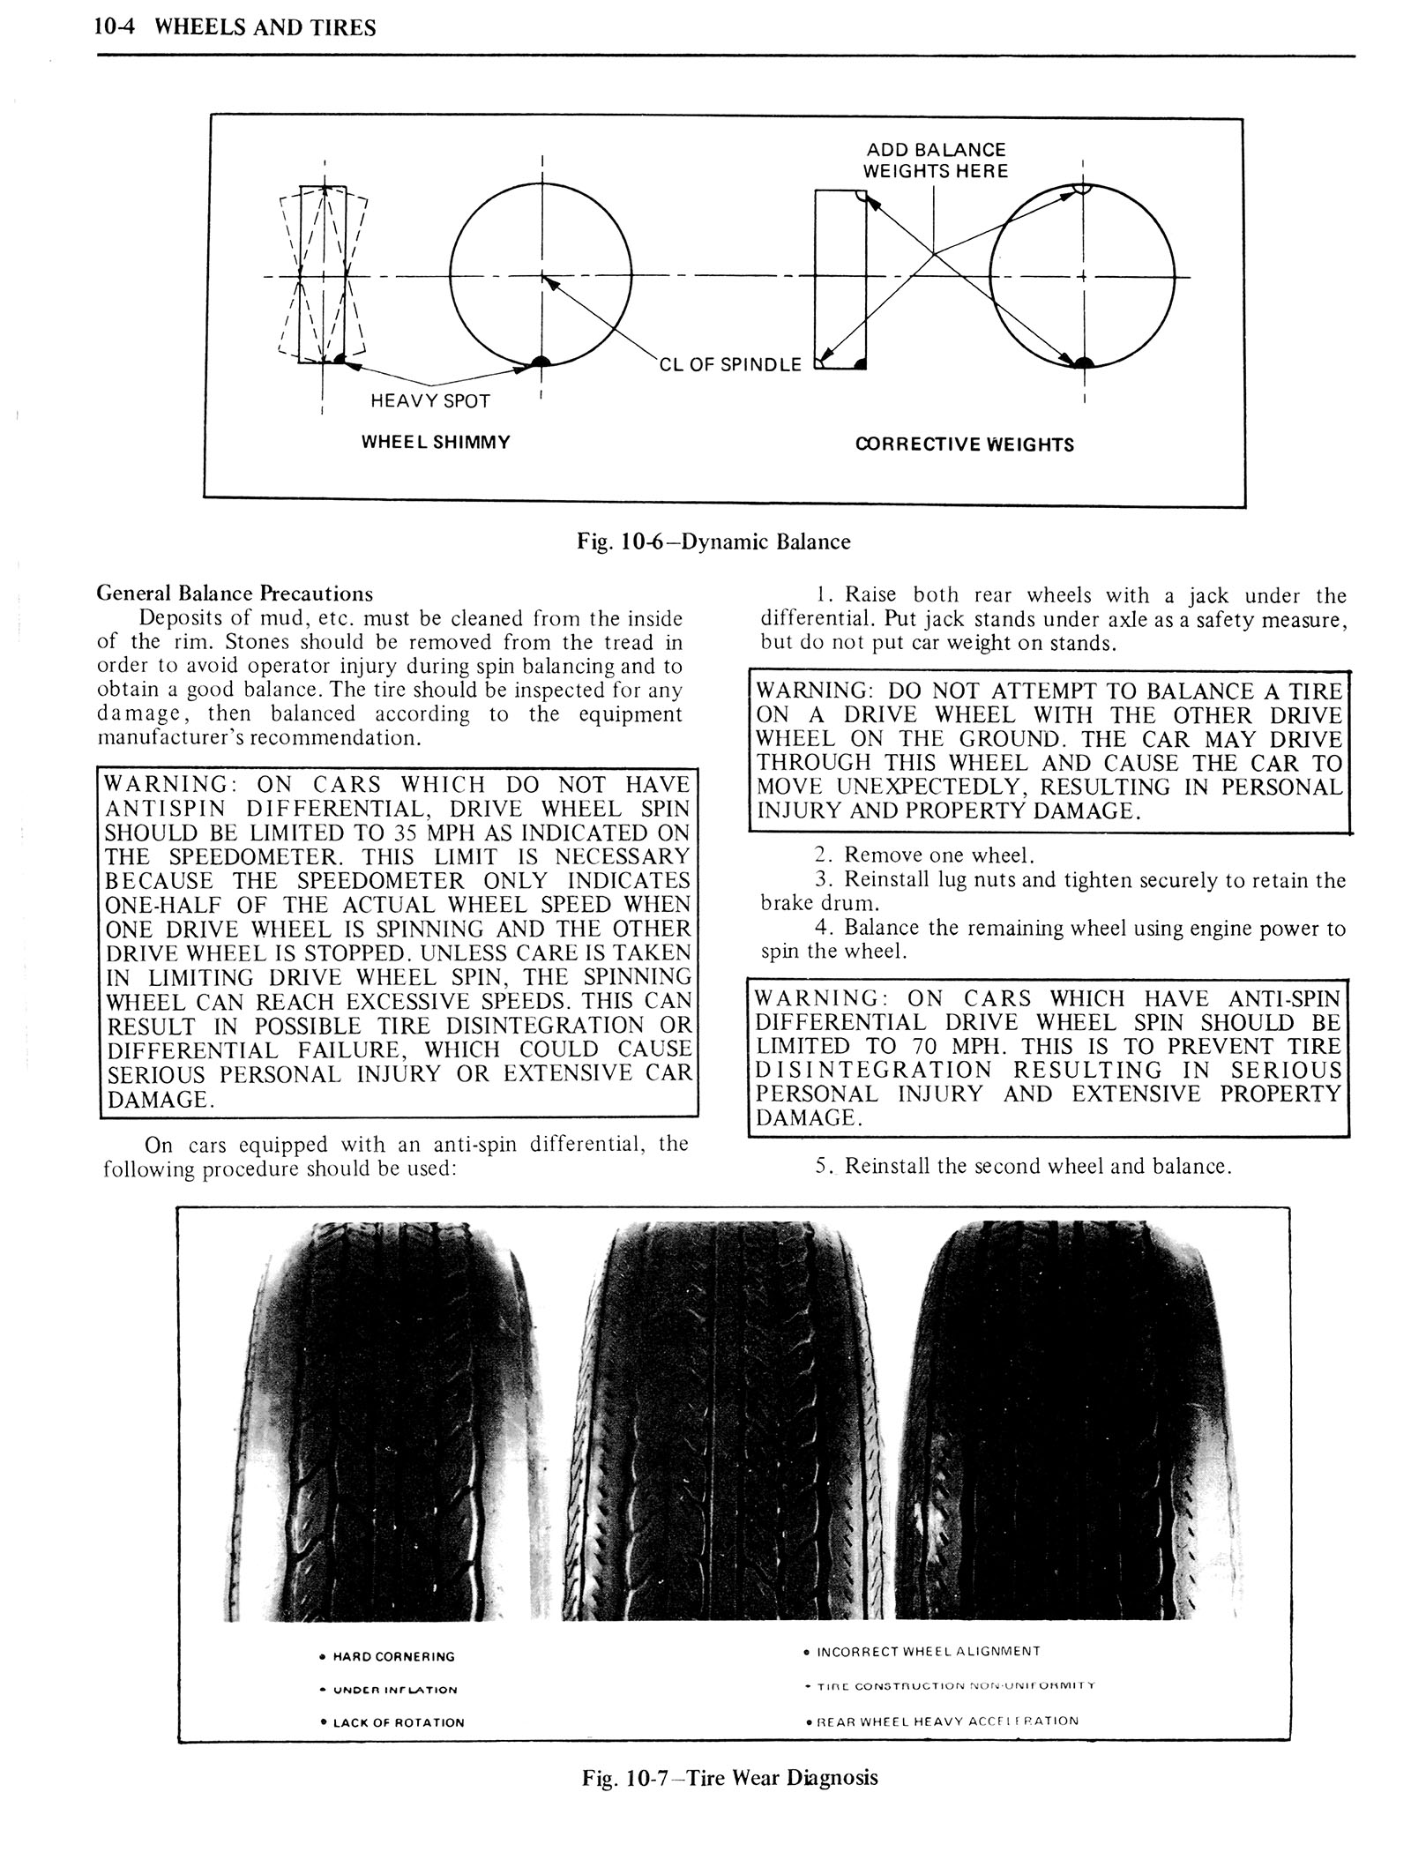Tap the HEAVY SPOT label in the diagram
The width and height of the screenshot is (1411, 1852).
(x=429, y=401)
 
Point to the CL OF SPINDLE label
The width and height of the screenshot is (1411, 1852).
(x=730, y=363)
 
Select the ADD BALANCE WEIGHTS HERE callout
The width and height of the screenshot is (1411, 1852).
(x=935, y=161)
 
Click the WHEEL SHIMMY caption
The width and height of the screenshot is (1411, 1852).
(x=436, y=442)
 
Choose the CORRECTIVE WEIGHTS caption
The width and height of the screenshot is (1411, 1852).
(x=965, y=444)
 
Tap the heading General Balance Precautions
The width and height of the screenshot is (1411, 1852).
(x=235, y=594)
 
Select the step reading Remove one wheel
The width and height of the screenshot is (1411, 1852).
(x=938, y=855)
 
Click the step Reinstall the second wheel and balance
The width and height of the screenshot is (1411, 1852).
(x=1037, y=1166)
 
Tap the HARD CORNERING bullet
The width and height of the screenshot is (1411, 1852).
(x=392, y=1657)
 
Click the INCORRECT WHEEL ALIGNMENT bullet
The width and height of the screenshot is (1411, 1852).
(x=929, y=1651)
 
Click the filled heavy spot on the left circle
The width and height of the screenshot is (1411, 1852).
(x=540, y=359)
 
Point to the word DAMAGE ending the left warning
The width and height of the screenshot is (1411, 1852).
(x=159, y=1101)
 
